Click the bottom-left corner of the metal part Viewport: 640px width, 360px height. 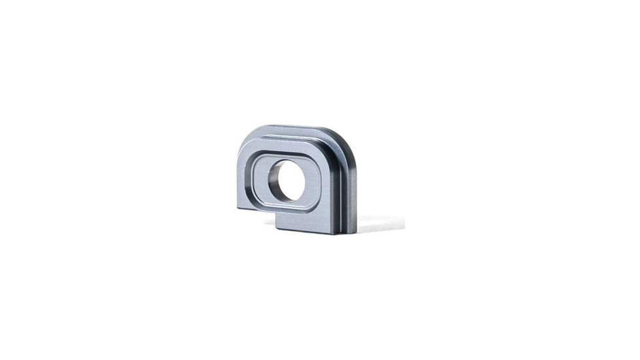238,207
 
